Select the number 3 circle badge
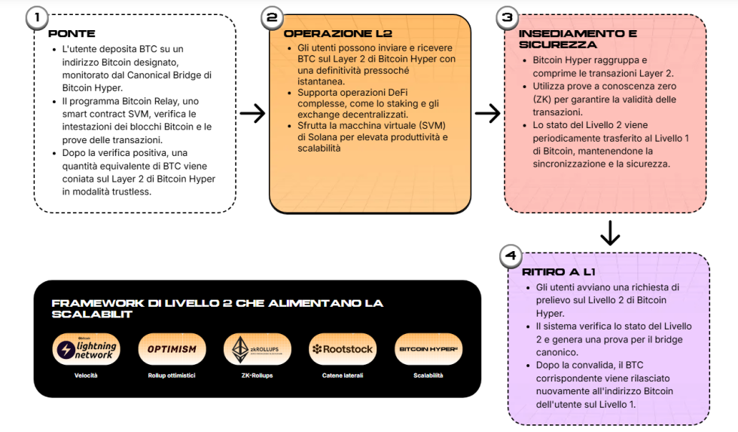tap(508, 18)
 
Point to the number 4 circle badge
tap(511, 257)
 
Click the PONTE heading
tap(72, 34)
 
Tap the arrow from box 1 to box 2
tap(252, 114)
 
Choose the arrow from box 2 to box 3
tap(488, 114)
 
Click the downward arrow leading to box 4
tap(609, 233)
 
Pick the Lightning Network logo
tap(87, 349)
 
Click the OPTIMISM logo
tap(172, 349)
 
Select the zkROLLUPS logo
tap(257, 349)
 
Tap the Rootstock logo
tap(343, 349)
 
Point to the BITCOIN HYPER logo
tap(428, 349)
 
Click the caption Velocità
tap(87, 375)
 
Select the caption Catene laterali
tap(343, 375)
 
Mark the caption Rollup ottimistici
tap(172, 375)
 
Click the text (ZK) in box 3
tap(544, 99)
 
